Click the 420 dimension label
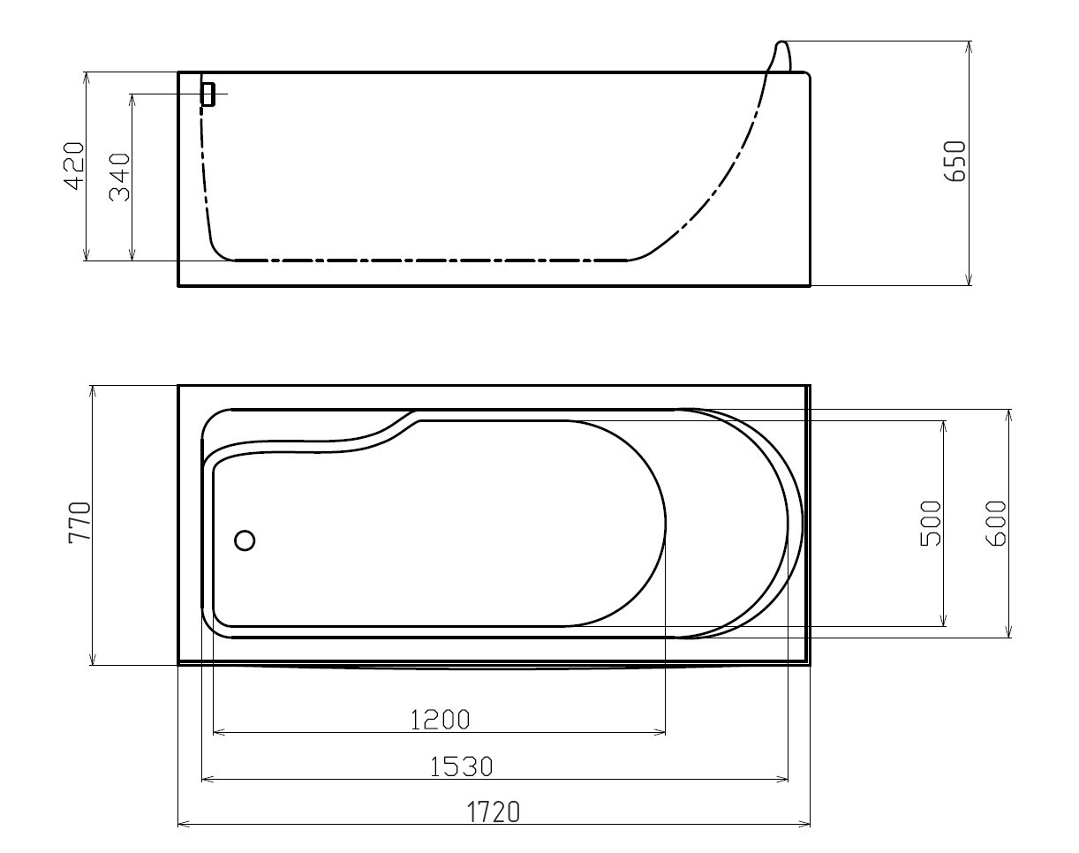pyautogui.click(x=74, y=166)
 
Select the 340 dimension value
pyautogui.click(x=119, y=177)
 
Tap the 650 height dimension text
pyautogui.click(x=954, y=161)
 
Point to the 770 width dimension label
pyautogui.click(x=80, y=522)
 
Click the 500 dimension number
pyautogui.click(x=931, y=524)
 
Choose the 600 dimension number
pyautogui.click(x=996, y=524)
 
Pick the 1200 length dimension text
pyautogui.click(x=441, y=721)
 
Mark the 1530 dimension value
pyautogui.click(x=462, y=766)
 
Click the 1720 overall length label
pyautogui.click(x=494, y=811)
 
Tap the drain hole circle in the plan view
pyautogui.click(x=245, y=540)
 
